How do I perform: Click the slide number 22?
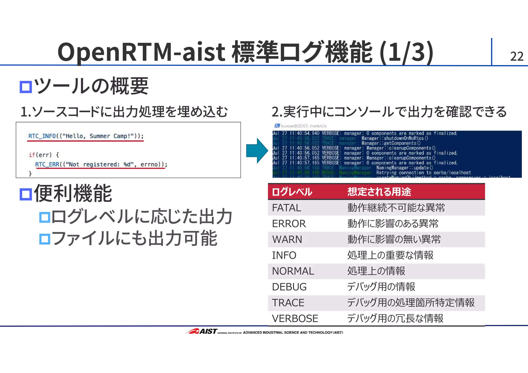[517, 56]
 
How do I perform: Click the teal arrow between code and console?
[257, 151]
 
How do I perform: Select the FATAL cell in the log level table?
[286, 208]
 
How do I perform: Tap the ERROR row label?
[289, 224]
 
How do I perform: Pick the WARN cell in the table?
[287, 239]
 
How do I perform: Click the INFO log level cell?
[284, 255]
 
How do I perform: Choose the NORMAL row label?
[293, 271]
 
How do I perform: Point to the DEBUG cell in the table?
[289, 287]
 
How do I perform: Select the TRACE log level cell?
[288, 303]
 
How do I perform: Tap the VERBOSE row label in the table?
[295, 319]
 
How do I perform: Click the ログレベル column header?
[292, 192]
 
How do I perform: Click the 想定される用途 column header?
[379, 192]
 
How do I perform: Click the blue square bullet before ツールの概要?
[26, 87]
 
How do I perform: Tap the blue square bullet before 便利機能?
[26, 194]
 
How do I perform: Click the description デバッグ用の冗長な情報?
[395, 319]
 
